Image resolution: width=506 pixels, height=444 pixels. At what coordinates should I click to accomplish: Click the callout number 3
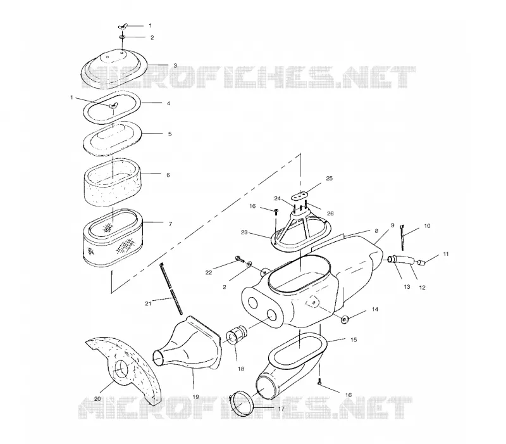[x=175, y=65]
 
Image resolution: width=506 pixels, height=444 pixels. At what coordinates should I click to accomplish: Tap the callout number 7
[x=170, y=224]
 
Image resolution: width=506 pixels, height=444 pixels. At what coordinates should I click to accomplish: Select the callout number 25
[x=329, y=179]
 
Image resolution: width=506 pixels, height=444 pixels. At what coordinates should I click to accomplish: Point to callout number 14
[x=375, y=309]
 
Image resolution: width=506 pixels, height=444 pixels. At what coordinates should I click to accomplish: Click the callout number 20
[x=97, y=399]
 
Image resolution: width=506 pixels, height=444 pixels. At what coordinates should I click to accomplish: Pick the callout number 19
[x=195, y=397]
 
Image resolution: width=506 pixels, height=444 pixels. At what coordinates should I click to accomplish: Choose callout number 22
[x=209, y=272]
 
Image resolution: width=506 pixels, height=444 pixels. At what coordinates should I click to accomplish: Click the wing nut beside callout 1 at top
[x=123, y=26]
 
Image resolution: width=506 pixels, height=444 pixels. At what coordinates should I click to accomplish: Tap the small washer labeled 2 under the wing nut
[x=123, y=37]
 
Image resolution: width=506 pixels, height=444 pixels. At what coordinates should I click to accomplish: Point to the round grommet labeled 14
[x=345, y=320]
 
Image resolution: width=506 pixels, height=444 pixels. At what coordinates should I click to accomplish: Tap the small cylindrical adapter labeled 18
[x=238, y=336]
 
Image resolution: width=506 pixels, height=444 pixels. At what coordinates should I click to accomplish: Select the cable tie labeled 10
[x=402, y=238]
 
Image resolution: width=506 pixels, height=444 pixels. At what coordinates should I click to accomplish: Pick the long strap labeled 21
[x=171, y=289]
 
